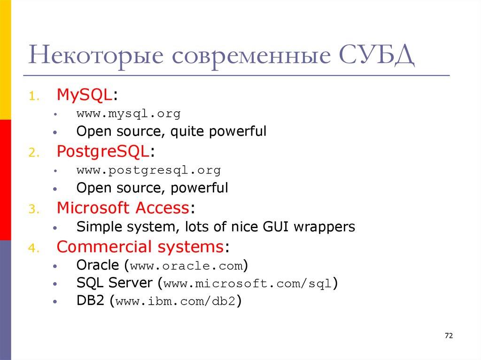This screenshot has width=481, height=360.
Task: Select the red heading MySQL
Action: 85,95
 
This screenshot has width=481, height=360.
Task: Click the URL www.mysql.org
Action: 128,114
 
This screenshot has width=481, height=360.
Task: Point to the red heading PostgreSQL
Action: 103,151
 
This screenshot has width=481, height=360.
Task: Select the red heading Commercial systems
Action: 140,246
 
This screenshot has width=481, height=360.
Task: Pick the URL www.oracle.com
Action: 186,266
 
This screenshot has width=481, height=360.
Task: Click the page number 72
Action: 449,336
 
